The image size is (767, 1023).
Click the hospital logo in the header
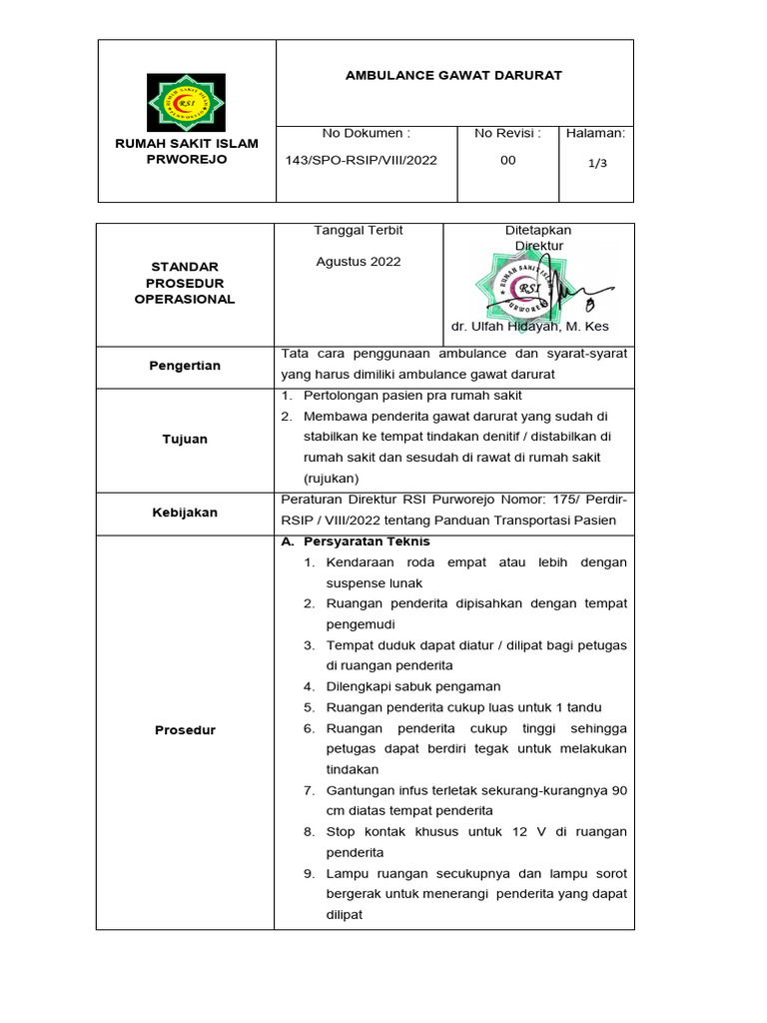(186, 102)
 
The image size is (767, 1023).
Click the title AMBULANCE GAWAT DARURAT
(453, 76)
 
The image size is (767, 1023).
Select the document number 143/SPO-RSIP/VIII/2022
(362, 161)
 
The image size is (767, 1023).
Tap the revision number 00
(507, 161)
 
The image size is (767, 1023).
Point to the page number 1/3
(596, 164)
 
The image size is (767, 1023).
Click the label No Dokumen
(366, 134)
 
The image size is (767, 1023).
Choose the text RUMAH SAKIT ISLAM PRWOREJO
(186, 152)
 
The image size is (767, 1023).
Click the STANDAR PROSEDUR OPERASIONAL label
(185, 284)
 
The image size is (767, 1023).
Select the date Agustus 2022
(358, 262)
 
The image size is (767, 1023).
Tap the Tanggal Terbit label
(359, 231)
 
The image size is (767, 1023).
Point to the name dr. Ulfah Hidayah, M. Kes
(529, 328)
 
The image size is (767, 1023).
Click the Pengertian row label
(186, 367)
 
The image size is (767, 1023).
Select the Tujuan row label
(186, 440)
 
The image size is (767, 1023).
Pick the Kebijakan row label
(186, 512)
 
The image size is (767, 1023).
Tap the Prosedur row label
(186, 730)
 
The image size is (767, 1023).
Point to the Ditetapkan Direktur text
(538, 238)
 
